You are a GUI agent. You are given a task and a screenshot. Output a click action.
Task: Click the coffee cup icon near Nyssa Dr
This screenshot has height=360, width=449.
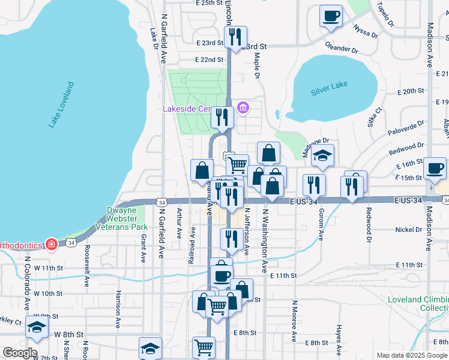(x=330, y=16)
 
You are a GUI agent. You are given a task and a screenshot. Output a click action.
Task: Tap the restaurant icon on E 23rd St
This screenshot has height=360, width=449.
(x=236, y=37)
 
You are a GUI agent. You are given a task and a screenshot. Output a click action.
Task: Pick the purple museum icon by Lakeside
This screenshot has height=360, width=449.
(x=243, y=109)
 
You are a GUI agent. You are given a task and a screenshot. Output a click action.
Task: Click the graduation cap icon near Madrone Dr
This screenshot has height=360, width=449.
(x=322, y=155)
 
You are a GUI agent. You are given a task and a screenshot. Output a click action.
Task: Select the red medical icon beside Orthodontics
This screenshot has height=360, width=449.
(x=52, y=245)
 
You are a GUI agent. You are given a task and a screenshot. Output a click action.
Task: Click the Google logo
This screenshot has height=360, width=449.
(x=19, y=353)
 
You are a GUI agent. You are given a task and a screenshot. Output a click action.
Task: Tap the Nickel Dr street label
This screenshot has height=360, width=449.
(x=409, y=230)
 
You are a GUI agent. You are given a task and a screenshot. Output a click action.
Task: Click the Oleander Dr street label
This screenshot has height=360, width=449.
(x=341, y=45)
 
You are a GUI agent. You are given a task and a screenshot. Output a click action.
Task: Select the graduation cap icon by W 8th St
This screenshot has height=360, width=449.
(x=37, y=327)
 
